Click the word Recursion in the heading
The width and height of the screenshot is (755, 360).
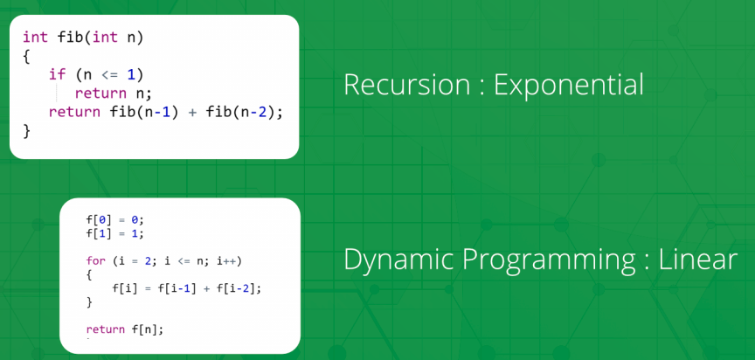(x=407, y=85)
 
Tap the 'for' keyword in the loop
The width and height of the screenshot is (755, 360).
(x=95, y=261)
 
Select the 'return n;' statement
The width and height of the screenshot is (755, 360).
(x=114, y=93)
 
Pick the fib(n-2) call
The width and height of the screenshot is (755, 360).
(x=244, y=112)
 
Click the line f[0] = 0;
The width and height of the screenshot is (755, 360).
(x=115, y=220)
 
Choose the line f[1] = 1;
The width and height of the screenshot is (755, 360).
(x=115, y=233)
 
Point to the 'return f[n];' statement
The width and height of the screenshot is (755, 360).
(x=125, y=329)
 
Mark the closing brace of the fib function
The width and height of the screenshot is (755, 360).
(x=26, y=131)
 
